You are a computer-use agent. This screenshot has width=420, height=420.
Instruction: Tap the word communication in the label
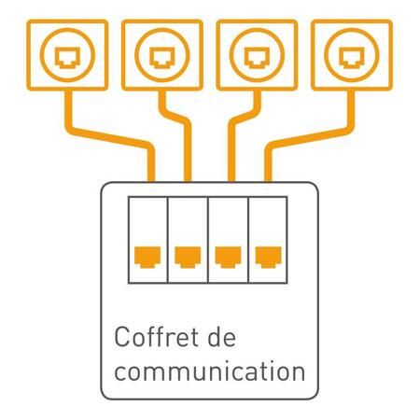[x=210, y=371]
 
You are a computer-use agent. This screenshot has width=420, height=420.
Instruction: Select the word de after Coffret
[x=221, y=337]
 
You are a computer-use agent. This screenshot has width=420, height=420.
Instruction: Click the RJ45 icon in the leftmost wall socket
[x=67, y=57]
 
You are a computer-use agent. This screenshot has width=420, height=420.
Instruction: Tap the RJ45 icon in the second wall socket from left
[x=162, y=57]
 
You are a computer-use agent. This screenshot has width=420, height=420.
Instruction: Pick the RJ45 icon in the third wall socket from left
[x=257, y=57]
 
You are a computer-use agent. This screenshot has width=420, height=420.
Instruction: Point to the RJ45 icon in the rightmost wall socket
[x=352, y=57]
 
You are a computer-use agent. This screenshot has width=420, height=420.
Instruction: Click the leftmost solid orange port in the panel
[x=147, y=257]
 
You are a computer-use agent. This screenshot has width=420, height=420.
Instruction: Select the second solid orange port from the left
[x=188, y=257]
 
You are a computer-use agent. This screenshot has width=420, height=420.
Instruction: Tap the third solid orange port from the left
[x=228, y=257]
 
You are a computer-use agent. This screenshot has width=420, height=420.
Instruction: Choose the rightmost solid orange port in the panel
[x=269, y=257]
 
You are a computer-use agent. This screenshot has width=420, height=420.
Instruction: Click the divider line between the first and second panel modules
[x=168, y=240]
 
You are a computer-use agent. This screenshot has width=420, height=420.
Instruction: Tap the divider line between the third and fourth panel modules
[x=248, y=240]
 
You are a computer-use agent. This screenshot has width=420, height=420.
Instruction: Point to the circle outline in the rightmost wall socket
[x=352, y=29]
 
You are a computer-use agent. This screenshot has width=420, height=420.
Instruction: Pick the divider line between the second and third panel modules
[x=208, y=240]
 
